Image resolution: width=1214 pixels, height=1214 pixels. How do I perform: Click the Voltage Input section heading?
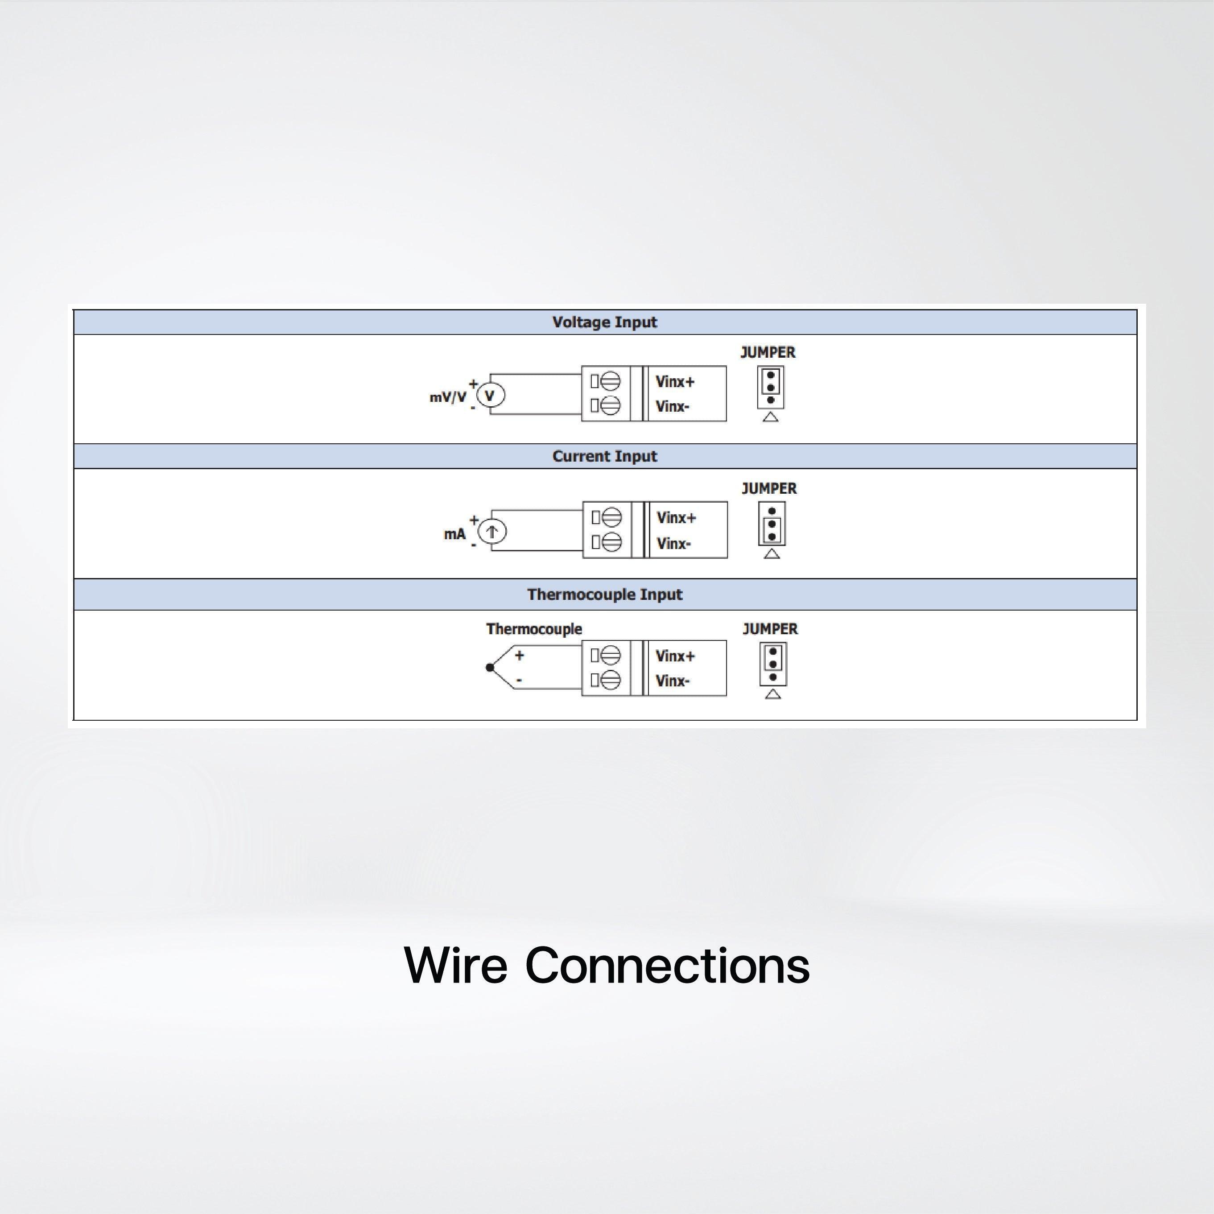click(x=604, y=322)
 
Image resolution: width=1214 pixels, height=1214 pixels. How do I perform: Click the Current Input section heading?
click(x=604, y=456)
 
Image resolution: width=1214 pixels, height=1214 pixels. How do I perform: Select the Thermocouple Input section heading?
click(x=604, y=595)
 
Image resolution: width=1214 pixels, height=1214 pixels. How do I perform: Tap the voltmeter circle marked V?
click(x=491, y=395)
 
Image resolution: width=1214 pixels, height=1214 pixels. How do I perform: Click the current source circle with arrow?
click(x=492, y=532)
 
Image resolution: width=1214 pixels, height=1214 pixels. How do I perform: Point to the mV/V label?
click(x=448, y=397)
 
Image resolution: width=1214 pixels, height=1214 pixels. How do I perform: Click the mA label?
click(x=455, y=534)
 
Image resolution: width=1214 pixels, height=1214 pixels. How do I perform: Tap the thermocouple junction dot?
click(x=490, y=667)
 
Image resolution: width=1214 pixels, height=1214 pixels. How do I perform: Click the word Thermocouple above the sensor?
click(x=534, y=629)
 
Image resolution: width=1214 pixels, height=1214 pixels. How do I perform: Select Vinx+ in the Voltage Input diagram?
click(x=675, y=381)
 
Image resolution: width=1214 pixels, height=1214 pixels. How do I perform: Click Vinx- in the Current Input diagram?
click(x=673, y=544)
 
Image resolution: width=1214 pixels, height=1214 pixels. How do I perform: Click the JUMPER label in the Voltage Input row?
click(x=768, y=352)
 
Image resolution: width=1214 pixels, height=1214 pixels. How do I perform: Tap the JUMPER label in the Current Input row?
click(x=769, y=489)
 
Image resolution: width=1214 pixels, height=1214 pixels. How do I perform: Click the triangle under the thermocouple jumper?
click(x=773, y=694)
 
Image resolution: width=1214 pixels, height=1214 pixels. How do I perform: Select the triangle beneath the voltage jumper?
click(x=770, y=417)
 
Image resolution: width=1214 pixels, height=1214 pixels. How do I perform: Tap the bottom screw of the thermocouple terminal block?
click(x=610, y=680)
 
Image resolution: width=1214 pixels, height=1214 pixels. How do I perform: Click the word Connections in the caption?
click(x=667, y=965)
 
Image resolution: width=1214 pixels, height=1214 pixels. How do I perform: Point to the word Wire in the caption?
click(x=455, y=965)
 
